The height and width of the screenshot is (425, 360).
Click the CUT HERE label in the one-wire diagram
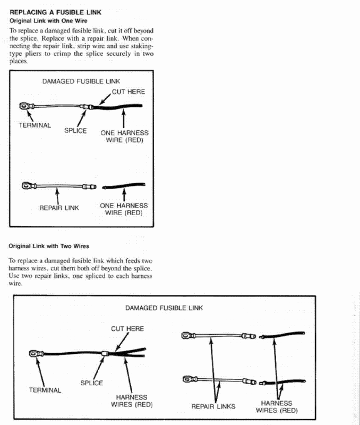[x=128, y=92]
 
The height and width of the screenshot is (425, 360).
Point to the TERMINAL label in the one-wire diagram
[x=35, y=125]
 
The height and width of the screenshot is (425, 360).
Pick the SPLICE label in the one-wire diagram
[x=75, y=130]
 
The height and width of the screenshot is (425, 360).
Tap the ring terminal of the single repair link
[x=26, y=186]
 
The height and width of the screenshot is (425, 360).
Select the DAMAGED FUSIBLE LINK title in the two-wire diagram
[x=164, y=308]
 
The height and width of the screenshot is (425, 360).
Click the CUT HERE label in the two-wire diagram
[x=127, y=329]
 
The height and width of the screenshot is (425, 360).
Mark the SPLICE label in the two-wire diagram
[x=91, y=382]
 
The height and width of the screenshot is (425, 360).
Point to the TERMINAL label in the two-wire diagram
[x=45, y=390]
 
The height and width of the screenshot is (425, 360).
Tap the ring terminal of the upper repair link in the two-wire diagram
[x=186, y=335]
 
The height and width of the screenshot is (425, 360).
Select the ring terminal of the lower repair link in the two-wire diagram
[x=186, y=379]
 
